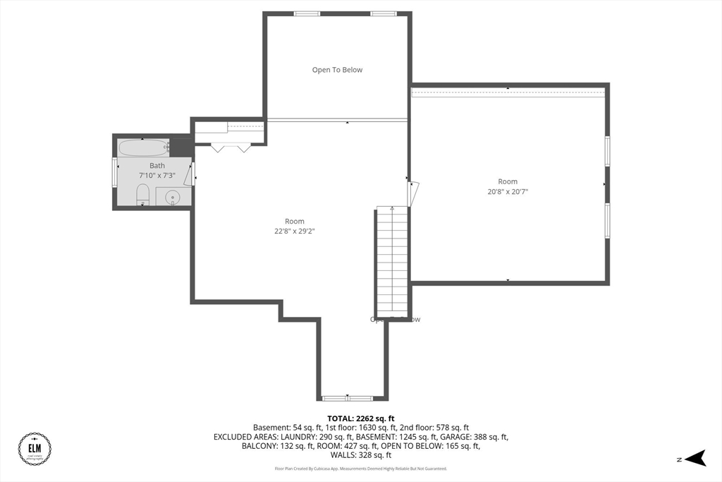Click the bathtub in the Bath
(143, 148)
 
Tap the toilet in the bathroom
(142, 194)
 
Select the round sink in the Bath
(172, 198)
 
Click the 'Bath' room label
(157, 166)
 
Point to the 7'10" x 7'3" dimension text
(157, 175)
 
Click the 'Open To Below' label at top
(337, 70)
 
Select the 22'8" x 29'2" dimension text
(295, 230)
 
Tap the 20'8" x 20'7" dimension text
(508, 191)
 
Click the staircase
(392, 261)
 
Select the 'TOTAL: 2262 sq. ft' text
(360, 418)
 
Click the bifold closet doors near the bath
(230, 147)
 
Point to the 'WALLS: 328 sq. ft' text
(360, 455)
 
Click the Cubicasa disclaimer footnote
(360, 469)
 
